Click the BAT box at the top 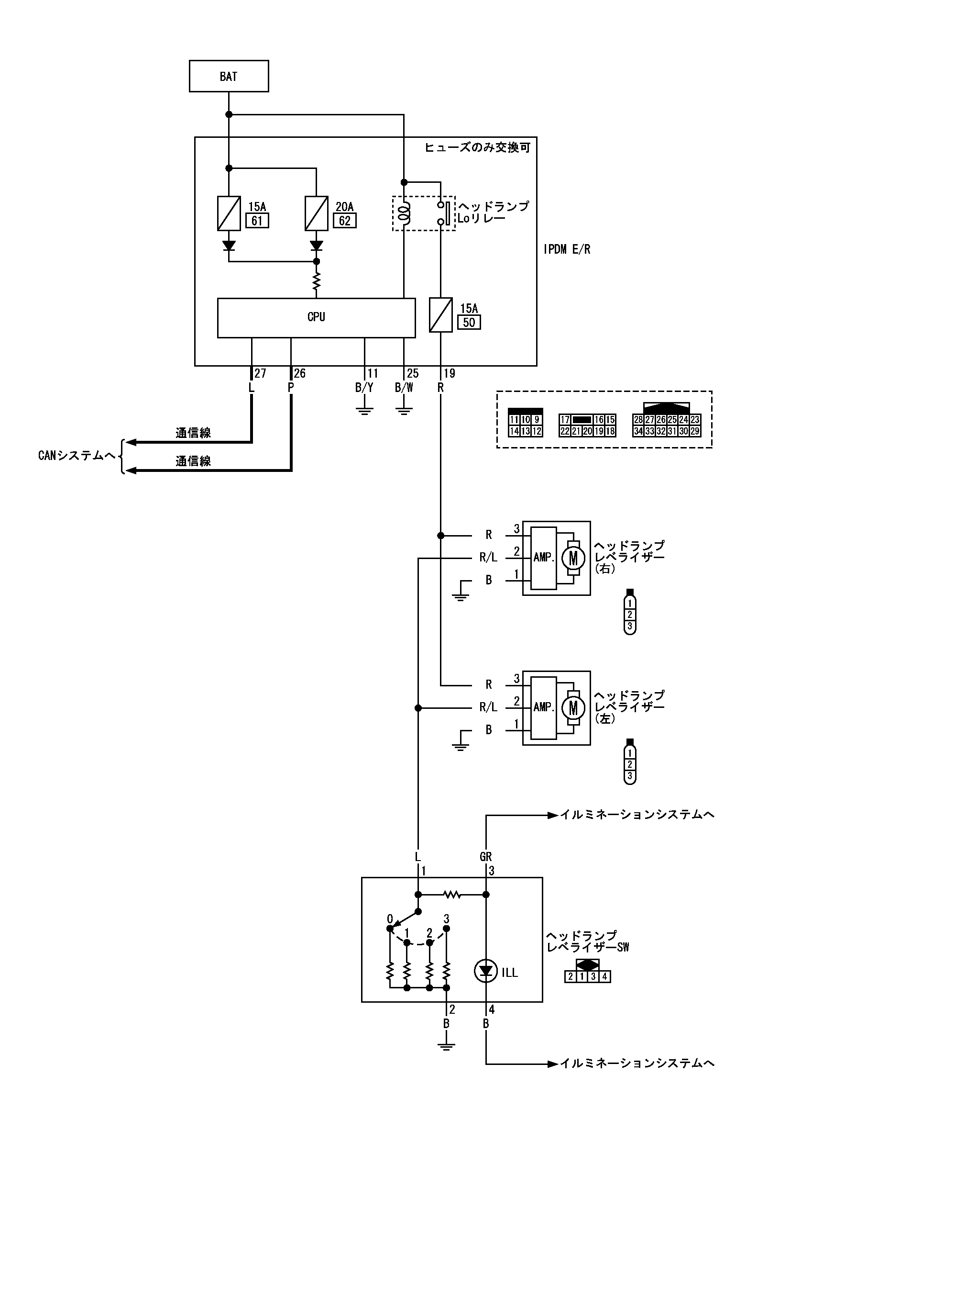point(229,76)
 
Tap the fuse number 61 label point(257,221)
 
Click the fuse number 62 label point(344,221)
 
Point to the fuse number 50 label point(469,323)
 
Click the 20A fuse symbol point(317,213)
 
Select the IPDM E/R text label point(567,249)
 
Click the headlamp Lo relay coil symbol point(404,213)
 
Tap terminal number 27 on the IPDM point(260,373)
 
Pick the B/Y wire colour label point(364,387)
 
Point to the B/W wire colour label point(404,387)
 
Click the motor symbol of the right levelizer point(573,558)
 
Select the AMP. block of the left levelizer point(543,707)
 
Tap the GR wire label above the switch point(485,857)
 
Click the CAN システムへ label point(76,455)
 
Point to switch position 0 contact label point(390,919)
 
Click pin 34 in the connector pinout point(638,431)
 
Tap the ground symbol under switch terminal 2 point(446,1046)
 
